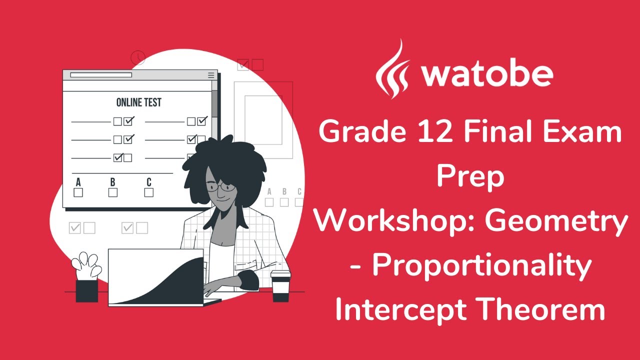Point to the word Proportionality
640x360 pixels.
tap(481, 265)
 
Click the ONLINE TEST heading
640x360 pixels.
tap(138, 102)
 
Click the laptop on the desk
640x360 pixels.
tap(157, 277)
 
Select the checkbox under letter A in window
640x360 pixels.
tap(78, 192)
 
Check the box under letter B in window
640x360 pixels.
tap(113, 192)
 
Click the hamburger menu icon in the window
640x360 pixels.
tap(211, 75)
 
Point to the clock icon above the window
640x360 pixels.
tap(137, 58)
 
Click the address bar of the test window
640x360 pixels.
tap(101, 75)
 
